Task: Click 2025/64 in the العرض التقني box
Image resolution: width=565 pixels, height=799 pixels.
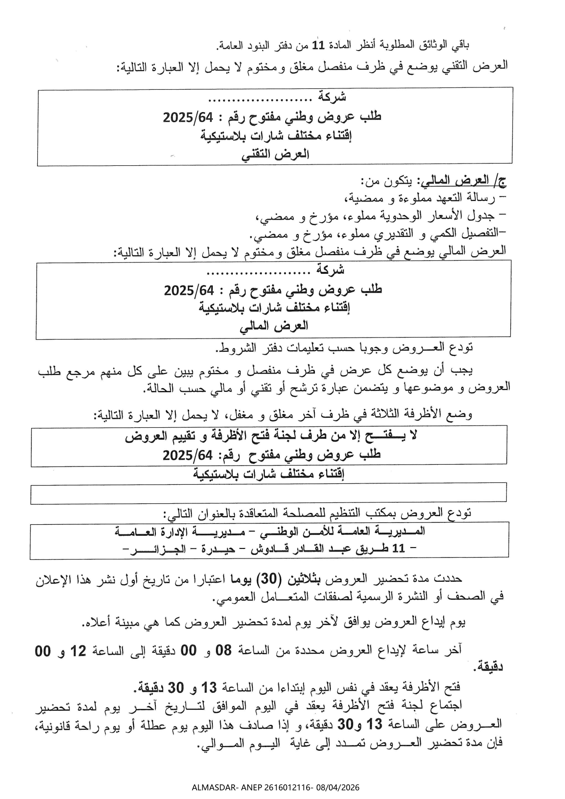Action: tap(188, 117)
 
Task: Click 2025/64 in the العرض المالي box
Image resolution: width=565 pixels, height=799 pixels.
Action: tap(189, 290)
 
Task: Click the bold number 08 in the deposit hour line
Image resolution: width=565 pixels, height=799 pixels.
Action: tap(223, 651)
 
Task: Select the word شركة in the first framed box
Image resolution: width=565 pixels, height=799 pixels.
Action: tap(332, 97)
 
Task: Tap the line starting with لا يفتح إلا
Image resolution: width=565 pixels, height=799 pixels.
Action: tap(272, 435)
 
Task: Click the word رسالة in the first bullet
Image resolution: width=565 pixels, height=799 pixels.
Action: tap(479, 198)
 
